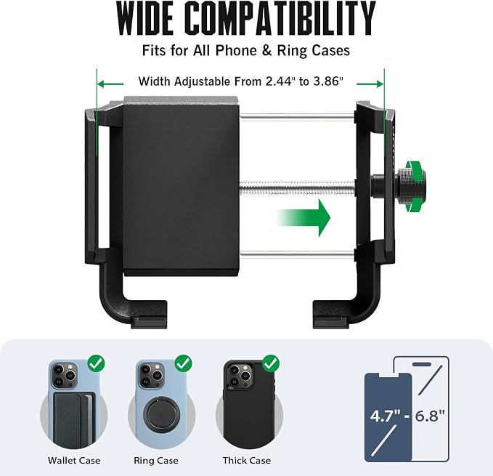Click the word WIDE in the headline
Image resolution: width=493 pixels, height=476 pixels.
(145, 19)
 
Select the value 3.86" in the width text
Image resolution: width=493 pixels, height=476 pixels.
(328, 81)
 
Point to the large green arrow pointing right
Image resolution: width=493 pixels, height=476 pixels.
(303, 218)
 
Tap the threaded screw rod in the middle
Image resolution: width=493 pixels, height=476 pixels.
(298, 188)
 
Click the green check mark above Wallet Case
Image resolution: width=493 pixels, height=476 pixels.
(97, 363)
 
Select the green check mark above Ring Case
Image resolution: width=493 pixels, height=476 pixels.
(183, 363)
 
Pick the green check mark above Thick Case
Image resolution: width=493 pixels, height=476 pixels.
(271, 363)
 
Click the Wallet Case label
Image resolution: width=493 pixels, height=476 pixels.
(74, 461)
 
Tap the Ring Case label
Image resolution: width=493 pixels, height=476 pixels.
(156, 461)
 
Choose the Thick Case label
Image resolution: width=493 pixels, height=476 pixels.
(247, 461)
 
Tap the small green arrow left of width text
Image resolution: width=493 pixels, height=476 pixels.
(110, 84)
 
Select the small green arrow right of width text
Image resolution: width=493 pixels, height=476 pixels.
(370, 84)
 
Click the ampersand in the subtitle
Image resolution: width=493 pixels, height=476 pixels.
(266, 51)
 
